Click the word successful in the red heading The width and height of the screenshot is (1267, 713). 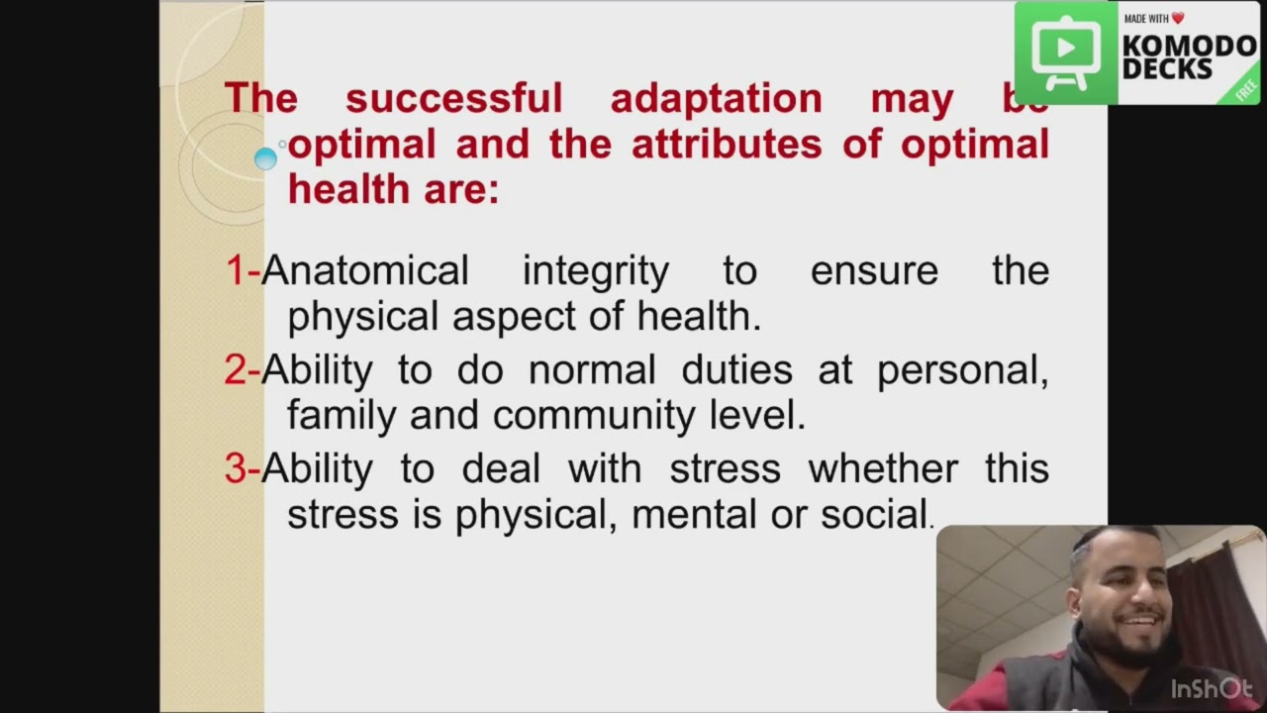click(x=453, y=99)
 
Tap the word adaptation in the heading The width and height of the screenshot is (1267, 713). click(x=716, y=99)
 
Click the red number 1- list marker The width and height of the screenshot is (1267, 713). click(x=242, y=270)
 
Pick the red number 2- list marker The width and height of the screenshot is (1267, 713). click(x=242, y=369)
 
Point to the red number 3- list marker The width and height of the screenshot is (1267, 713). click(x=242, y=468)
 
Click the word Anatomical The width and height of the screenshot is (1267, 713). click(x=365, y=270)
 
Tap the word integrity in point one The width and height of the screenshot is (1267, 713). click(x=595, y=270)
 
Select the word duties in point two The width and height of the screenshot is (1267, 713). click(x=736, y=369)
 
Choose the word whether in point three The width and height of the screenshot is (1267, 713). click(x=883, y=468)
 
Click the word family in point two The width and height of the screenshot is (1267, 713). click(x=341, y=416)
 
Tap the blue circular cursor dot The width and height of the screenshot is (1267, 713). click(x=265, y=158)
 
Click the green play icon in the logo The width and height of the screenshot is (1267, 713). click(x=1065, y=51)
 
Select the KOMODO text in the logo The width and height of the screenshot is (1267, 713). click(x=1189, y=46)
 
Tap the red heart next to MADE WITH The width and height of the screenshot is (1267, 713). click(x=1178, y=19)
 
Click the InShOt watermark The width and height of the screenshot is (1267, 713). click(x=1212, y=688)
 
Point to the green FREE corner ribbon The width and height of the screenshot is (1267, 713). click(x=1245, y=89)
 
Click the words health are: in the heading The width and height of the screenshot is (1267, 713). click(x=393, y=189)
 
